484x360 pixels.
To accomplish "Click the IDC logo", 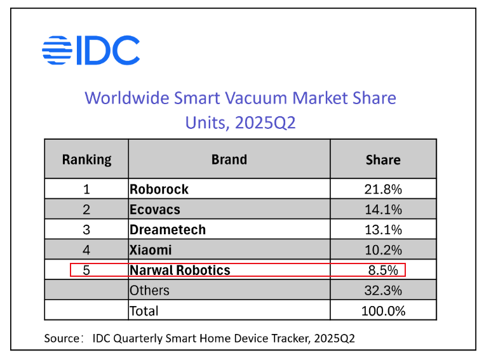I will point(91,50).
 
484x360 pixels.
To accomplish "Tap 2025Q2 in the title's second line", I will point(265,123).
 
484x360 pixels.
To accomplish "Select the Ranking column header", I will point(86,159).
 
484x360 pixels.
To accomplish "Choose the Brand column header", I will point(229,159).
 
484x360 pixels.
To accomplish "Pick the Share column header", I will point(383,159).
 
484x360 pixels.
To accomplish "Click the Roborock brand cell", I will point(159,189).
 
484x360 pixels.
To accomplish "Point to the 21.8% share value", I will point(383,189).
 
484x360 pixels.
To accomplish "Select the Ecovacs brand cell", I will point(155,210).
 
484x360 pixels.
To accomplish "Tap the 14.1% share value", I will point(383,210).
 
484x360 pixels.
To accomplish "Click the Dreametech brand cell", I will point(168,230).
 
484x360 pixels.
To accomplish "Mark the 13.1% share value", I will point(383,230).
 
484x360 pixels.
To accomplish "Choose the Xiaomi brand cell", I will point(151,250).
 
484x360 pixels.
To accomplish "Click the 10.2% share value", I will point(383,250).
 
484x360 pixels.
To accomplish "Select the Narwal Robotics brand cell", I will point(180,270).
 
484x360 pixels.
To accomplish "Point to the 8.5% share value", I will point(383,270).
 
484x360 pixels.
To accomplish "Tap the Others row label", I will point(149,291).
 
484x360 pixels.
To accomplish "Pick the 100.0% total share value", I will point(383,311).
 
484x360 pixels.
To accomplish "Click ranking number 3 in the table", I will point(86,230).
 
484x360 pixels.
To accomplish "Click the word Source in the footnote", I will point(60,338).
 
